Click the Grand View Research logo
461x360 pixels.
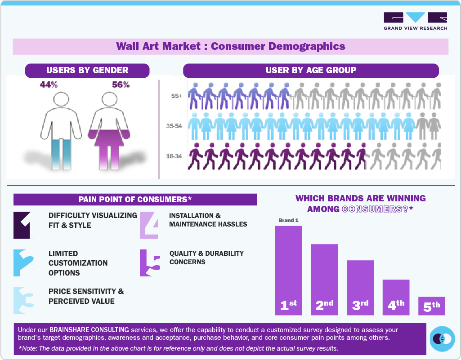click(x=415, y=21)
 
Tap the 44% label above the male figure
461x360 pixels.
click(x=49, y=84)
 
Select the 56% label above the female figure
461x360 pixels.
click(x=121, y=84)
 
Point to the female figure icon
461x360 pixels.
click(x=109, y=131)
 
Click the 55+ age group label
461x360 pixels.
click(x=176, y=96)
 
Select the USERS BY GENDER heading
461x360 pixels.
click(x=87, y=70)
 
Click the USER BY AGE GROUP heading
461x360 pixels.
click(x=311, y=70)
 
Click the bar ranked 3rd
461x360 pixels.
click(x=360, y=288)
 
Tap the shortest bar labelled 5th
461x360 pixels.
click(x=431, y=306)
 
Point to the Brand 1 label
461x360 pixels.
click(x=288, y=221)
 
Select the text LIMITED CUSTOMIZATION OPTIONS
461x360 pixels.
click(x=78, y=263)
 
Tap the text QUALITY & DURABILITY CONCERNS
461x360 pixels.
click(x=206, y=258)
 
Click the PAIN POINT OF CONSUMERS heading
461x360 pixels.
click(x=135, y=200)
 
